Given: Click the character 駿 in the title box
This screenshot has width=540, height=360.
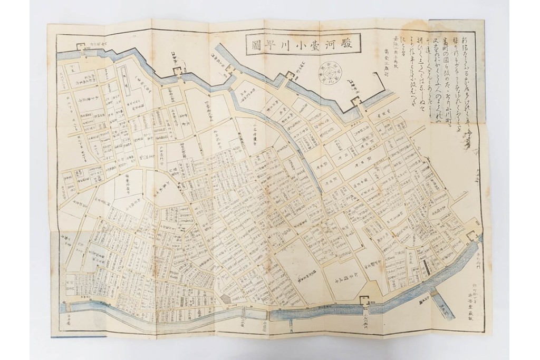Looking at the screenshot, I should (x=346, y=45).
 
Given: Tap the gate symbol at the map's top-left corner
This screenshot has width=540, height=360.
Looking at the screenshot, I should (x=83, y=47).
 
